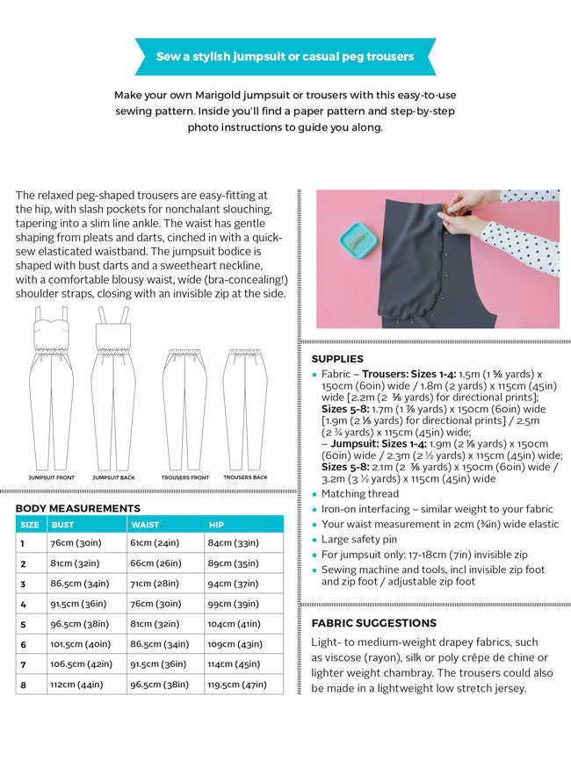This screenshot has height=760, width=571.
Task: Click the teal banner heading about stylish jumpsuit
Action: coord(285,56)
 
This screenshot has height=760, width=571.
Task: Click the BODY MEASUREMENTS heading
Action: coord(77,508)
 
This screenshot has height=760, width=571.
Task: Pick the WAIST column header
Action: coord(145,525)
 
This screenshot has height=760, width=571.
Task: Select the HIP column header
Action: coord(216,525)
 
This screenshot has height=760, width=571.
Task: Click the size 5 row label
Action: coord(23,624)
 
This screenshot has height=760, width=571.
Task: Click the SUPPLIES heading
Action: coord(337,359)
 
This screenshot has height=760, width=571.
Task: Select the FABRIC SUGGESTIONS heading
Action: coord(373,623)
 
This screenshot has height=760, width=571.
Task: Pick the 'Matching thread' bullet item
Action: coord(360,494)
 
